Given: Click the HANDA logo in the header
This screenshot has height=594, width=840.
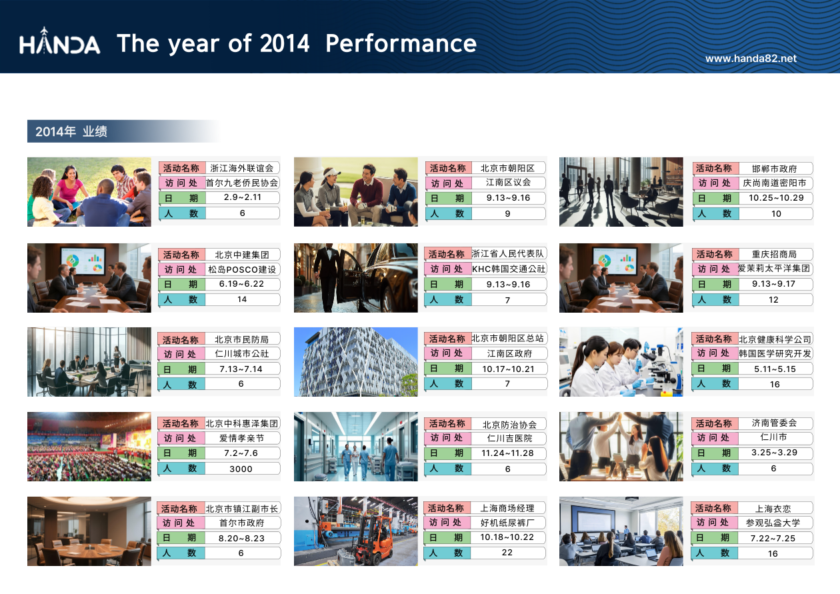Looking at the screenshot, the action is pyautogui.click(x=59, y=41).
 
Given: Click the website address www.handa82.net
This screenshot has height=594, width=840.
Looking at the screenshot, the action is pyautogui.click(x=751, y=59).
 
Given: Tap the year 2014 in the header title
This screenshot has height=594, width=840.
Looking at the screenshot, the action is pyautogui.click(x=285, y=43).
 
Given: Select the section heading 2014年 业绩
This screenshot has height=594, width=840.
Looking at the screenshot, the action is pyautogui.click(x=71, y=131).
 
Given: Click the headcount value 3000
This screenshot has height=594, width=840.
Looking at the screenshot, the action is pyautogui.click(x=241, y=469).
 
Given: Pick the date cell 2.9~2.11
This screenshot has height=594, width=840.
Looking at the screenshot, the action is pyautogui.click(x=242, y=197).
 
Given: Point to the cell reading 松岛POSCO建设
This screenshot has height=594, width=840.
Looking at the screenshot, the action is pyautogui.click(x=242, y=269).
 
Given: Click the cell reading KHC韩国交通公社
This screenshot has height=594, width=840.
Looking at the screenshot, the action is pyautogui.click(x=508, y=269).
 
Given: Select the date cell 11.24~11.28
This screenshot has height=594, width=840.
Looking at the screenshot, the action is pyautogui.click(x=507, y=453).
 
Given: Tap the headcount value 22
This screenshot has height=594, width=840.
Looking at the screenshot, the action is pyautogui.click(x=507, y=553).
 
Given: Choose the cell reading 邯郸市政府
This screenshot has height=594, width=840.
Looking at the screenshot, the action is pyautogui.click(x=774, y=169).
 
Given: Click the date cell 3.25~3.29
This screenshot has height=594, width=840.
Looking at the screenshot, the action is pyautogui.click(x=774, y=452).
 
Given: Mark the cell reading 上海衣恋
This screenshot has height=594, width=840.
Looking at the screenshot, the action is pyautogui.click(x=773, y=509).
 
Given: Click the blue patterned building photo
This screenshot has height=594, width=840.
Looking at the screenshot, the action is pyautogui.click(x=355, y=362).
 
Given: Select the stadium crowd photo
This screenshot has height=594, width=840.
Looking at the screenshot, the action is pyautogui.click(x=89, y=447).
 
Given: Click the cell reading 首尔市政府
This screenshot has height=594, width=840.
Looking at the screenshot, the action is pyautogui.click(x=242, y=523).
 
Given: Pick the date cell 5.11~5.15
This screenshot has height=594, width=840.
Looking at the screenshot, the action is pyautogui.click(x=775, y=369).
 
